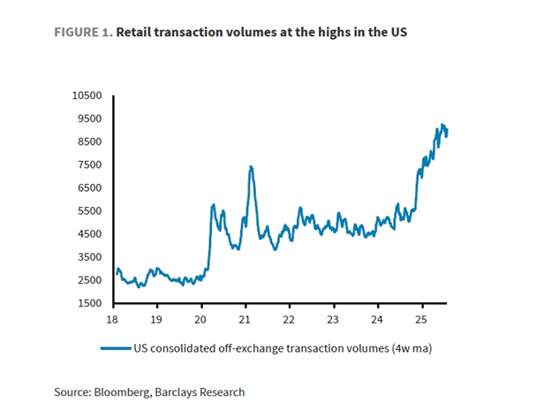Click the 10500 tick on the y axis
(x=88, y=95)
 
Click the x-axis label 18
(x=112, y=318)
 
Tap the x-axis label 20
(x=200, y=318)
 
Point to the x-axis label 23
(x=333, y=318)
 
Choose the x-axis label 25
(x=421, y=318)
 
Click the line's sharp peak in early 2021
(x=251, y=166)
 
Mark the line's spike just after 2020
(x=213, y=205)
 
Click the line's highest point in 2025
(x=442, y=125)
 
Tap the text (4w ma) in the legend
(x=411, y=348)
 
